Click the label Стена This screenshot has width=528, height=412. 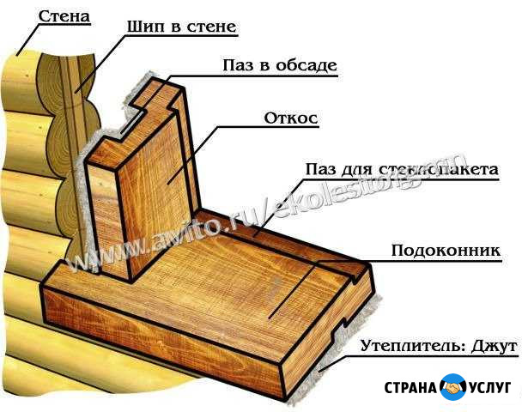pyautogui.click(x=65, y=15)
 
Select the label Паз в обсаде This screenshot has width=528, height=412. pyautogui.click(x=279, y=65)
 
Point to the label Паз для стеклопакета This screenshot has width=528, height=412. pyautogui.click(x=401, y=170)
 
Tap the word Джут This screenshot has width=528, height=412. pyautogui.click(x=490, y=347)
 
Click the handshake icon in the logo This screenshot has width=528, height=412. pyautogui.click(x=452, y=387)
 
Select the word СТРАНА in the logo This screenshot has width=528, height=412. pyautogui.click(x=405, y=388)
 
